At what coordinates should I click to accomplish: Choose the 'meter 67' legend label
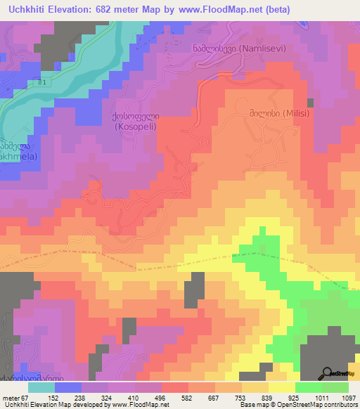pos(15,397)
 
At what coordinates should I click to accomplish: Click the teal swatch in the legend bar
pos(41,387)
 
